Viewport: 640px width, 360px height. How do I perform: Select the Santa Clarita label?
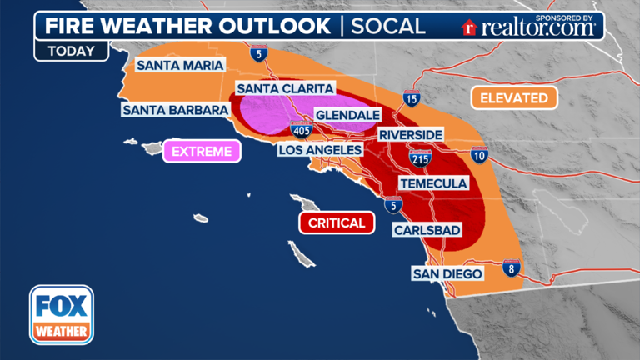(x=285, y=88)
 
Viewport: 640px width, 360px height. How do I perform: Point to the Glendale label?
(x=347, y=115)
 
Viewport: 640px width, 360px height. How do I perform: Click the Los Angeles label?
(x=320, y=150)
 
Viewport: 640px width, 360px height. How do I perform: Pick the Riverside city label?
(x=409, y=134)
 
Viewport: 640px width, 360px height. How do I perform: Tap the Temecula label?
(x=432, y=182)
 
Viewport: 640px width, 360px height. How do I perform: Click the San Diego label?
(x=448, y=273)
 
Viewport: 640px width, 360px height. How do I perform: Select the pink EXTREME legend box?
(x=202, y=152)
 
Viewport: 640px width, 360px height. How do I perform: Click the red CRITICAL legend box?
(x=336, y=223)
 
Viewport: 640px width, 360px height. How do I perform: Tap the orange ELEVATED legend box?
(x=514, y=97)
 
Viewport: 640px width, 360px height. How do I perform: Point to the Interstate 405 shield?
(x=302, y=130)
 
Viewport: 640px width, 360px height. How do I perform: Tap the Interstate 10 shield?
(x=479, y=154)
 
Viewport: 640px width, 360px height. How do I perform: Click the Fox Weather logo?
(x=62, y=315)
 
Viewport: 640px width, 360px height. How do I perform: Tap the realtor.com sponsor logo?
(x=529, y=27)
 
